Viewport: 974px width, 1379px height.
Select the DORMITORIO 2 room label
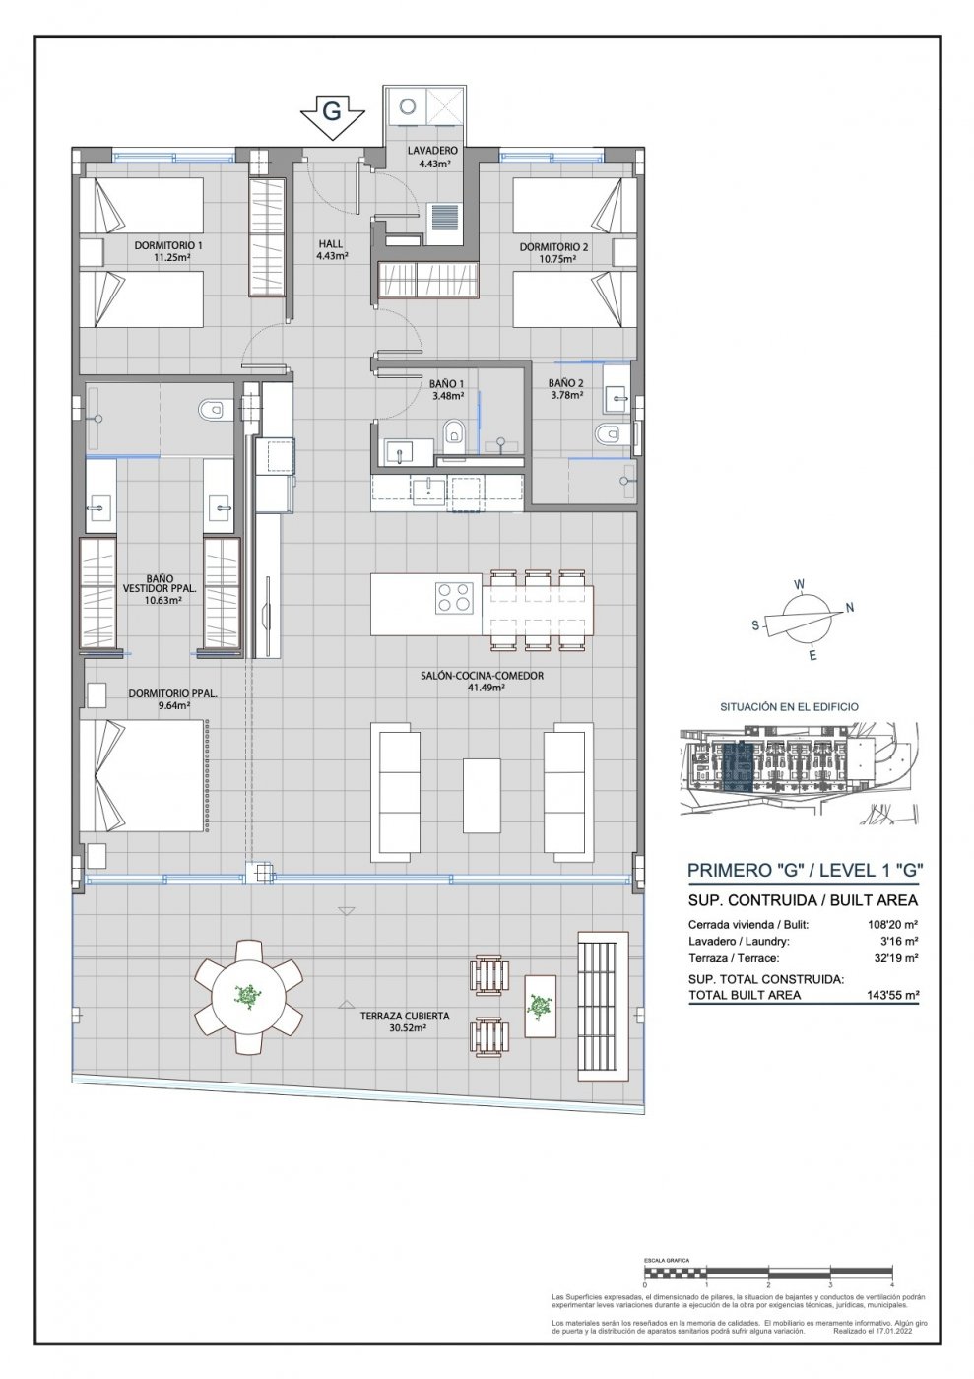[553, 247]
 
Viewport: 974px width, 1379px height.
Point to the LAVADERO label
[433, 151]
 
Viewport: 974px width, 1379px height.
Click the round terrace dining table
[249, 996]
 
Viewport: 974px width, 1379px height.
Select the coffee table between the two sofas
[482, 794]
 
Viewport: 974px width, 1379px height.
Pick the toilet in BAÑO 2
[608, 434]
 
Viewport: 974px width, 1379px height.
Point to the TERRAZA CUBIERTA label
[399, 1016]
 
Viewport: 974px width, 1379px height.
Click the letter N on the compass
[850, 607]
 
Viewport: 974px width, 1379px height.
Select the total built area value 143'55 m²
[888, 995]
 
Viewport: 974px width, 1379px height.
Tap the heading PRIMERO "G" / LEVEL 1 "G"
[804, 870]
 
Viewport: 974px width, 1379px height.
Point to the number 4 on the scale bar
[890, 1285]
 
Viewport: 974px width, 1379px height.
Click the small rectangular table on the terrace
[540, 1005]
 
